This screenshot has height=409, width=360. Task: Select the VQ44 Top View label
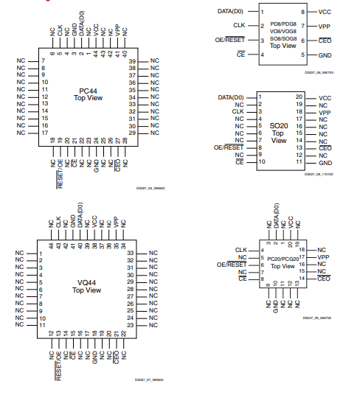coord(87,287)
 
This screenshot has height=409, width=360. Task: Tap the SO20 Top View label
coord(277,133)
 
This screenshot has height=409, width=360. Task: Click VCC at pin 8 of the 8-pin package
coord(325,13)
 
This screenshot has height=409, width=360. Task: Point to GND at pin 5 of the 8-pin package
coord(325,55)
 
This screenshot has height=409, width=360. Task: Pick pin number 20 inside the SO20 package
coord(299,97)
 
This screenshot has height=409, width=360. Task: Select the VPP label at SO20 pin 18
coord(325,113)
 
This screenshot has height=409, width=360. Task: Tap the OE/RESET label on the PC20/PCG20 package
coord(232,265)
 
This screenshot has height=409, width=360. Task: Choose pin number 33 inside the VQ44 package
coord(130,253)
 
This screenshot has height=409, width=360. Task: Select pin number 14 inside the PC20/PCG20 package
coord(302,279)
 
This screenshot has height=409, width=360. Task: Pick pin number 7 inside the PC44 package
coord(44,60)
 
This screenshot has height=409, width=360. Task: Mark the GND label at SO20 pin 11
coord(325,162)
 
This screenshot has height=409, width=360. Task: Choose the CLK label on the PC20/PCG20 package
coord(241,250)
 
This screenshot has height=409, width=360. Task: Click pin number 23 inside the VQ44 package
coord(130,325)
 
